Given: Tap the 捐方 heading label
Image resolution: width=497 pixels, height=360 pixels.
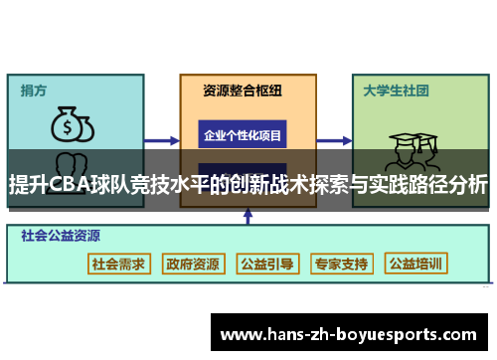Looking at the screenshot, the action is coord(34,90).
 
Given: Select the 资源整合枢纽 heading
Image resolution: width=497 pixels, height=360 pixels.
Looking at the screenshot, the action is coord(243,90).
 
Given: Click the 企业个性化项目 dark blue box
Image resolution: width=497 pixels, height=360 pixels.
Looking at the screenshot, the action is coord(243,134).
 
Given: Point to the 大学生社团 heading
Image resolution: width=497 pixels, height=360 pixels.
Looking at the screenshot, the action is coord(396,90).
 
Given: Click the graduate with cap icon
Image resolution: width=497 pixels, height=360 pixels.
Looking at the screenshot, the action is coord(408,149).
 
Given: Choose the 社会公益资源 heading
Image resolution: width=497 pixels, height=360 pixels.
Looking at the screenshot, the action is coord(61,237).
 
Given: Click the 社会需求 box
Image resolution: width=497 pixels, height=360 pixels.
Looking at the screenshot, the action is coord(118,264).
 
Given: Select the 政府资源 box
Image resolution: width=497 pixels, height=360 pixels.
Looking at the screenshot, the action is coord(193,264).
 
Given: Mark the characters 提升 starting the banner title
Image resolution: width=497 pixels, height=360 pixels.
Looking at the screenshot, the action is coord(28,186).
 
